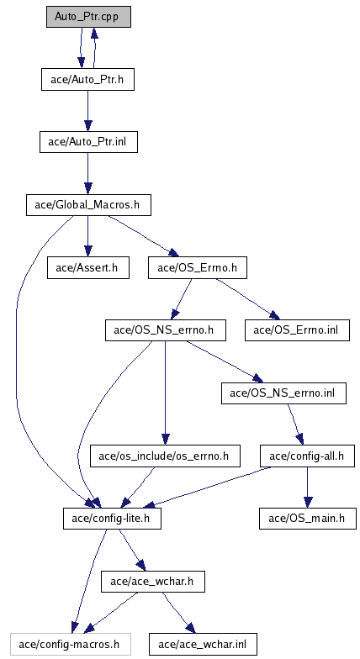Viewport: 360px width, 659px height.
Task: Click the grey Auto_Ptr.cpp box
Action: coord(88,17)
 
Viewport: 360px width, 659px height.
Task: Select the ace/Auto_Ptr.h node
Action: coord(87,79)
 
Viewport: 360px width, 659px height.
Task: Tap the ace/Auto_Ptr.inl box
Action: coord(88,142)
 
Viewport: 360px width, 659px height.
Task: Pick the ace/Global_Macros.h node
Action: coord(88,205)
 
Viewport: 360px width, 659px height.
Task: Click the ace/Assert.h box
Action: coord(87,267)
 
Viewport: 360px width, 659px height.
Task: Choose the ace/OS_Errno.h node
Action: coord(197,267)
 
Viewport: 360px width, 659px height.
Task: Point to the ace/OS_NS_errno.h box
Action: coord(165,330)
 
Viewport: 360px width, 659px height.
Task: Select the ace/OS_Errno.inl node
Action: coord(298,330)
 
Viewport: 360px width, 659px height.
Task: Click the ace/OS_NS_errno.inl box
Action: coord(284,393)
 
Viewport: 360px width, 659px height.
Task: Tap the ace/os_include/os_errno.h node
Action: coord(165,456)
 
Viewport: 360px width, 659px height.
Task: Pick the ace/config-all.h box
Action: coord(307,456)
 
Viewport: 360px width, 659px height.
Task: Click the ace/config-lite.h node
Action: coord(112,518)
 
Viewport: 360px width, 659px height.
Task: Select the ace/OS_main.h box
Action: coord(308,518)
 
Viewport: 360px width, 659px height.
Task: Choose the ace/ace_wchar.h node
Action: coord(153,582)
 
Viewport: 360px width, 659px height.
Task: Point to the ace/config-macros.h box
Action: coord(71,644)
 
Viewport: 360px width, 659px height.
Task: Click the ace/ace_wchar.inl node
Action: coord(202,644)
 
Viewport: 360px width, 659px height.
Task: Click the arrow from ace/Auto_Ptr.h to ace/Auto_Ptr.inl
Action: coord(87,111)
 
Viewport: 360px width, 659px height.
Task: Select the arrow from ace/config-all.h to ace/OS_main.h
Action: coord(308,488)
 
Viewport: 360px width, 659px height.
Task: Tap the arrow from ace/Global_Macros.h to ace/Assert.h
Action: coord(87,236)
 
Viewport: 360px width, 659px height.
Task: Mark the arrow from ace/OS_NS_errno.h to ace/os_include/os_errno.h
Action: coord(165,393)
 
